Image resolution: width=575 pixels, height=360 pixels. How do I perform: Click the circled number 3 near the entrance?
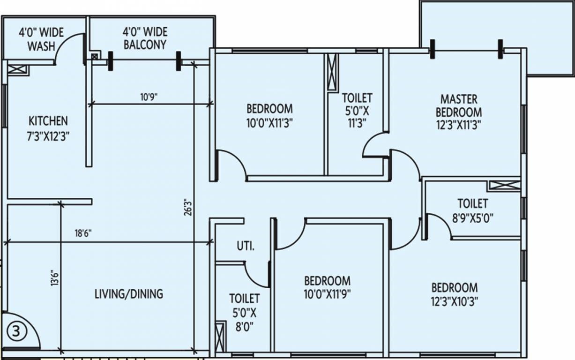[16, 331]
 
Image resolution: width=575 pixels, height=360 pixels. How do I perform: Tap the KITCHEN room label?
[48, 121]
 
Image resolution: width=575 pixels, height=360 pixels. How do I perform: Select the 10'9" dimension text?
[149, 97]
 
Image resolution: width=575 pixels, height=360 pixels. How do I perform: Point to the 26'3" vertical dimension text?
[188, 207]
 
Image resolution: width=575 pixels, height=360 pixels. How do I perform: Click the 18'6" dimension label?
[83, 233]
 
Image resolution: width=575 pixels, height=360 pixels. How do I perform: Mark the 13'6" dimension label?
[55, 278]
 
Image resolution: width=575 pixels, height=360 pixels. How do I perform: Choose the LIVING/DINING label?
[129, 294]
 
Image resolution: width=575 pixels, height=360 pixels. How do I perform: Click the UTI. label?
[246, 246]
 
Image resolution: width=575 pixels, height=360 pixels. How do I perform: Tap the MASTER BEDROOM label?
[459, 106]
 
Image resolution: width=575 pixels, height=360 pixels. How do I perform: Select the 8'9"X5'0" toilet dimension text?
[472, 218]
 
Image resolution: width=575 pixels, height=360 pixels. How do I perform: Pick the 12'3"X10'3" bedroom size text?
[455, 302]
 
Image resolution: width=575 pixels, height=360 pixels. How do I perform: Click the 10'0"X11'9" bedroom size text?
[327, 294]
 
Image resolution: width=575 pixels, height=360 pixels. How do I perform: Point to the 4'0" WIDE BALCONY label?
[145, 38]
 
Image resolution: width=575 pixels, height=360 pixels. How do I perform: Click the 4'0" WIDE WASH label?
[41, 39]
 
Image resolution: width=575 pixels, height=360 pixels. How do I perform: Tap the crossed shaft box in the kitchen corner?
[17, 69]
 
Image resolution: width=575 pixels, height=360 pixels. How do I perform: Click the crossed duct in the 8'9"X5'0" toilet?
[504, 186]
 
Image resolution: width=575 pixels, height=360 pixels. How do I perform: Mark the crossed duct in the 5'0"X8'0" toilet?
[221, 337]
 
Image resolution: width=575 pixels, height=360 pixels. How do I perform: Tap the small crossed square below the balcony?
[95, 57]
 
